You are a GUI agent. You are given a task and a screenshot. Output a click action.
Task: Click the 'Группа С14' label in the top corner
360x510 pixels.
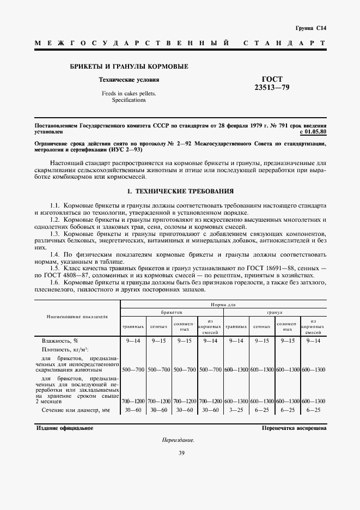click(x=310, y=28)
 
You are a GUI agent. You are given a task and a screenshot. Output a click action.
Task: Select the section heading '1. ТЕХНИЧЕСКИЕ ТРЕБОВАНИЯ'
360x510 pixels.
click(x=180, y=192)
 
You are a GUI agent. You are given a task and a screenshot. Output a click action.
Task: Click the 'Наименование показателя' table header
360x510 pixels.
click(x=77, y=316)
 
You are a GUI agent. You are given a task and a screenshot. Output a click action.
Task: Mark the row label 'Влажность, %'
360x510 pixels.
click(x=60, y=340)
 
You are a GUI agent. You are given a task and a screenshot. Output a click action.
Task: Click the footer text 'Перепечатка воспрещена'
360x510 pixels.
click(x=294, y=428)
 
